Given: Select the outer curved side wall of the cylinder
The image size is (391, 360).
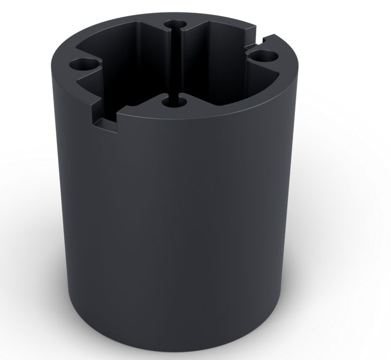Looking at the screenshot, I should tap(179, 212).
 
